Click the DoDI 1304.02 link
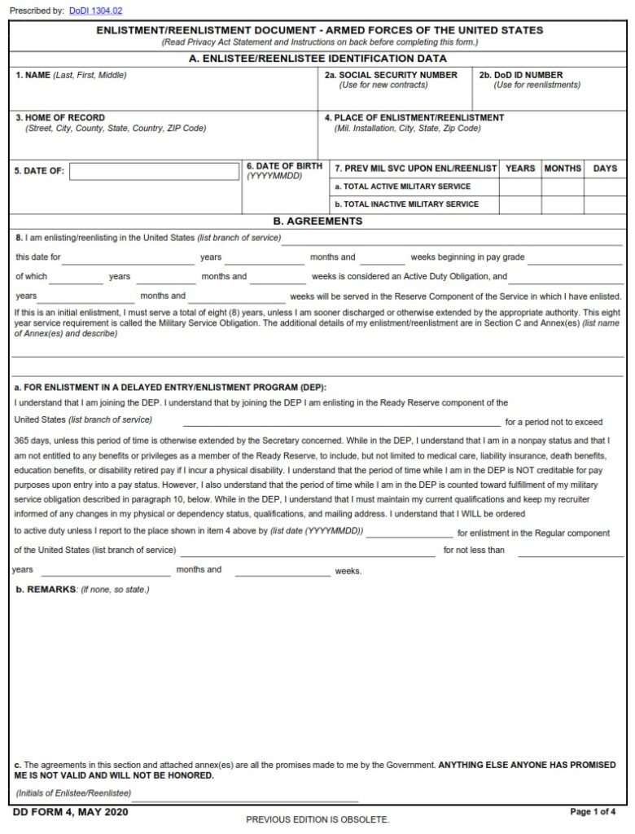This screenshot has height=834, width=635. tap(95, 11)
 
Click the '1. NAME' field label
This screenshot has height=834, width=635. tap(33, 75)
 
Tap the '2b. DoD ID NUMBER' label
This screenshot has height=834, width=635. tap(520, 75)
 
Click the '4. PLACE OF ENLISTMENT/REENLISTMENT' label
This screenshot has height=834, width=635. tap(414, 117)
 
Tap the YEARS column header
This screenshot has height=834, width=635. tap(520, 169)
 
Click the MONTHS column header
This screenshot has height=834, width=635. tap(563, 169)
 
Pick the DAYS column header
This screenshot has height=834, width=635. tap(605, 169)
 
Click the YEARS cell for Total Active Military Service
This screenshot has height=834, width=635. tap(520, 187)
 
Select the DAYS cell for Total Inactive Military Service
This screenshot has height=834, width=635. tap(605, 204)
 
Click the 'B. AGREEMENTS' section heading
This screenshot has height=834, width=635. tap(317, 221)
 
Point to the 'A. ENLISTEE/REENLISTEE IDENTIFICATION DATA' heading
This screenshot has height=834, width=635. tap(317, 59)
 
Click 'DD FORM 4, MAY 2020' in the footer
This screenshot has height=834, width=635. tap(70, 812)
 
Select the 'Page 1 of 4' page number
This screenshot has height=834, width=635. tap(593, 812)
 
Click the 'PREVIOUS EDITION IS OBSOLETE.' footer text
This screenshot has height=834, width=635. tap(317, 819)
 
